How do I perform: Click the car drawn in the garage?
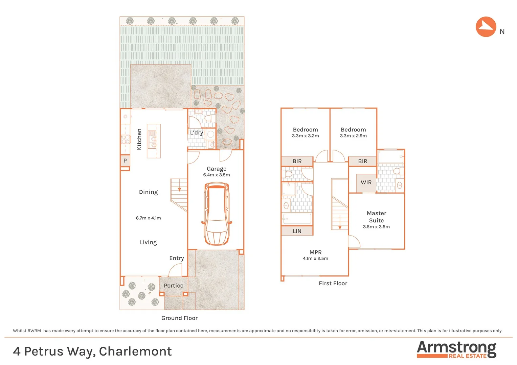point(217,214)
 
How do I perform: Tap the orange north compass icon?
point(486,27)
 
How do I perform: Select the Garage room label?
point(217,169)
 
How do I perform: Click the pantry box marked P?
point(125,161)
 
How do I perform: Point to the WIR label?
point(366,182)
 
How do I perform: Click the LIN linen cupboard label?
point(297,231)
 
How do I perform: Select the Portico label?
point(174,286)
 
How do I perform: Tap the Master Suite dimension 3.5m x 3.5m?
point(376,227)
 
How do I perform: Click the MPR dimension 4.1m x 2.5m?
point(315,259)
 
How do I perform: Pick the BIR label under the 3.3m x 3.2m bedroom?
point(297,161)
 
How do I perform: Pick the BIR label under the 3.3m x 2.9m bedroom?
point(362,161)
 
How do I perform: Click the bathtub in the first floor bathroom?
point(297,219)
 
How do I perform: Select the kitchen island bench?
point(153,141)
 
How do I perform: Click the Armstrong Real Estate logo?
point(456,349)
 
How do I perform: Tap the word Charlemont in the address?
point(135,351)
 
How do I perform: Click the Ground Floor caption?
point(179,318)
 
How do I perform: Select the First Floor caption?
point(333,283)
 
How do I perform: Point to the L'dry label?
point(197,132)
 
